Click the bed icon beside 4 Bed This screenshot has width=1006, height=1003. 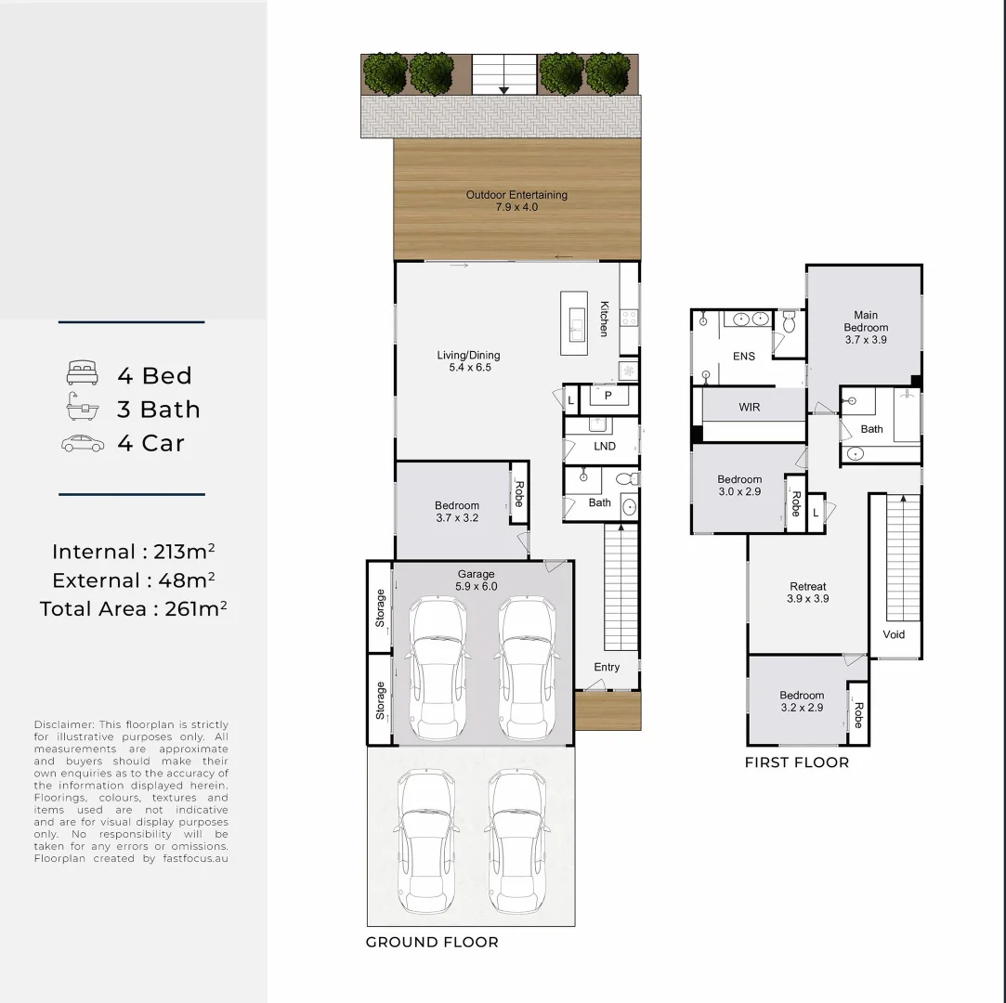(x=83, y=374)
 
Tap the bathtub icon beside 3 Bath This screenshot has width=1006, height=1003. (x=83, y=409)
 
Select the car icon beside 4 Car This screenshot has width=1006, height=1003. (x=83, y=443)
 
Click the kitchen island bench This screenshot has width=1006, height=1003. (x=574, y=322)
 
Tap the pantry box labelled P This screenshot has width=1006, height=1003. (x=608, y=397)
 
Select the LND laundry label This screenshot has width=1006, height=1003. (x=605, y=447)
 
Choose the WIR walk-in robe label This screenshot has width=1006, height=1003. (x=750, y=407)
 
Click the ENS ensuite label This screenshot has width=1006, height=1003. (x=744, y=356)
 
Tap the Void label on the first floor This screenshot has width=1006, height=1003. (x=894, y=634)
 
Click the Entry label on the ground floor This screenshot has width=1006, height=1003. (x=607, y=668)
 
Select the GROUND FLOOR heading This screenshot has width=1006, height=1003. (x=432, y=942)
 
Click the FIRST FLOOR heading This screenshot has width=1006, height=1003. (x=797, y=762)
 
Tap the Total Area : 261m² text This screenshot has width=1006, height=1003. (x=134, y=609)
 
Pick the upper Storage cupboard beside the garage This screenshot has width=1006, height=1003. (x=380, y=607)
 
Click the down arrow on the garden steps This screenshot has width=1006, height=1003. (x=503, y=89)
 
